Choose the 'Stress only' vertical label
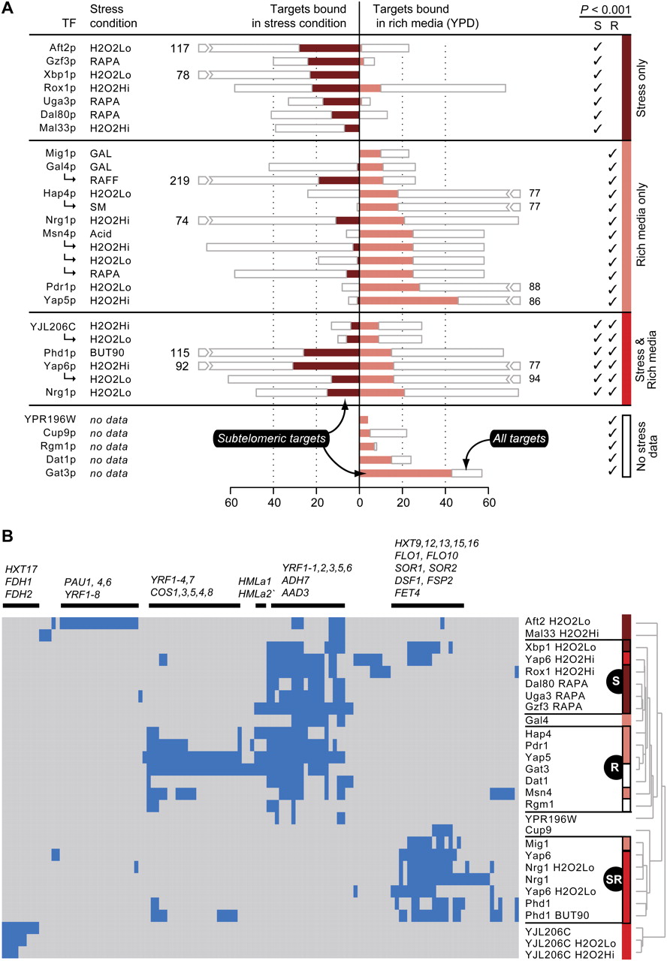(650, 86)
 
